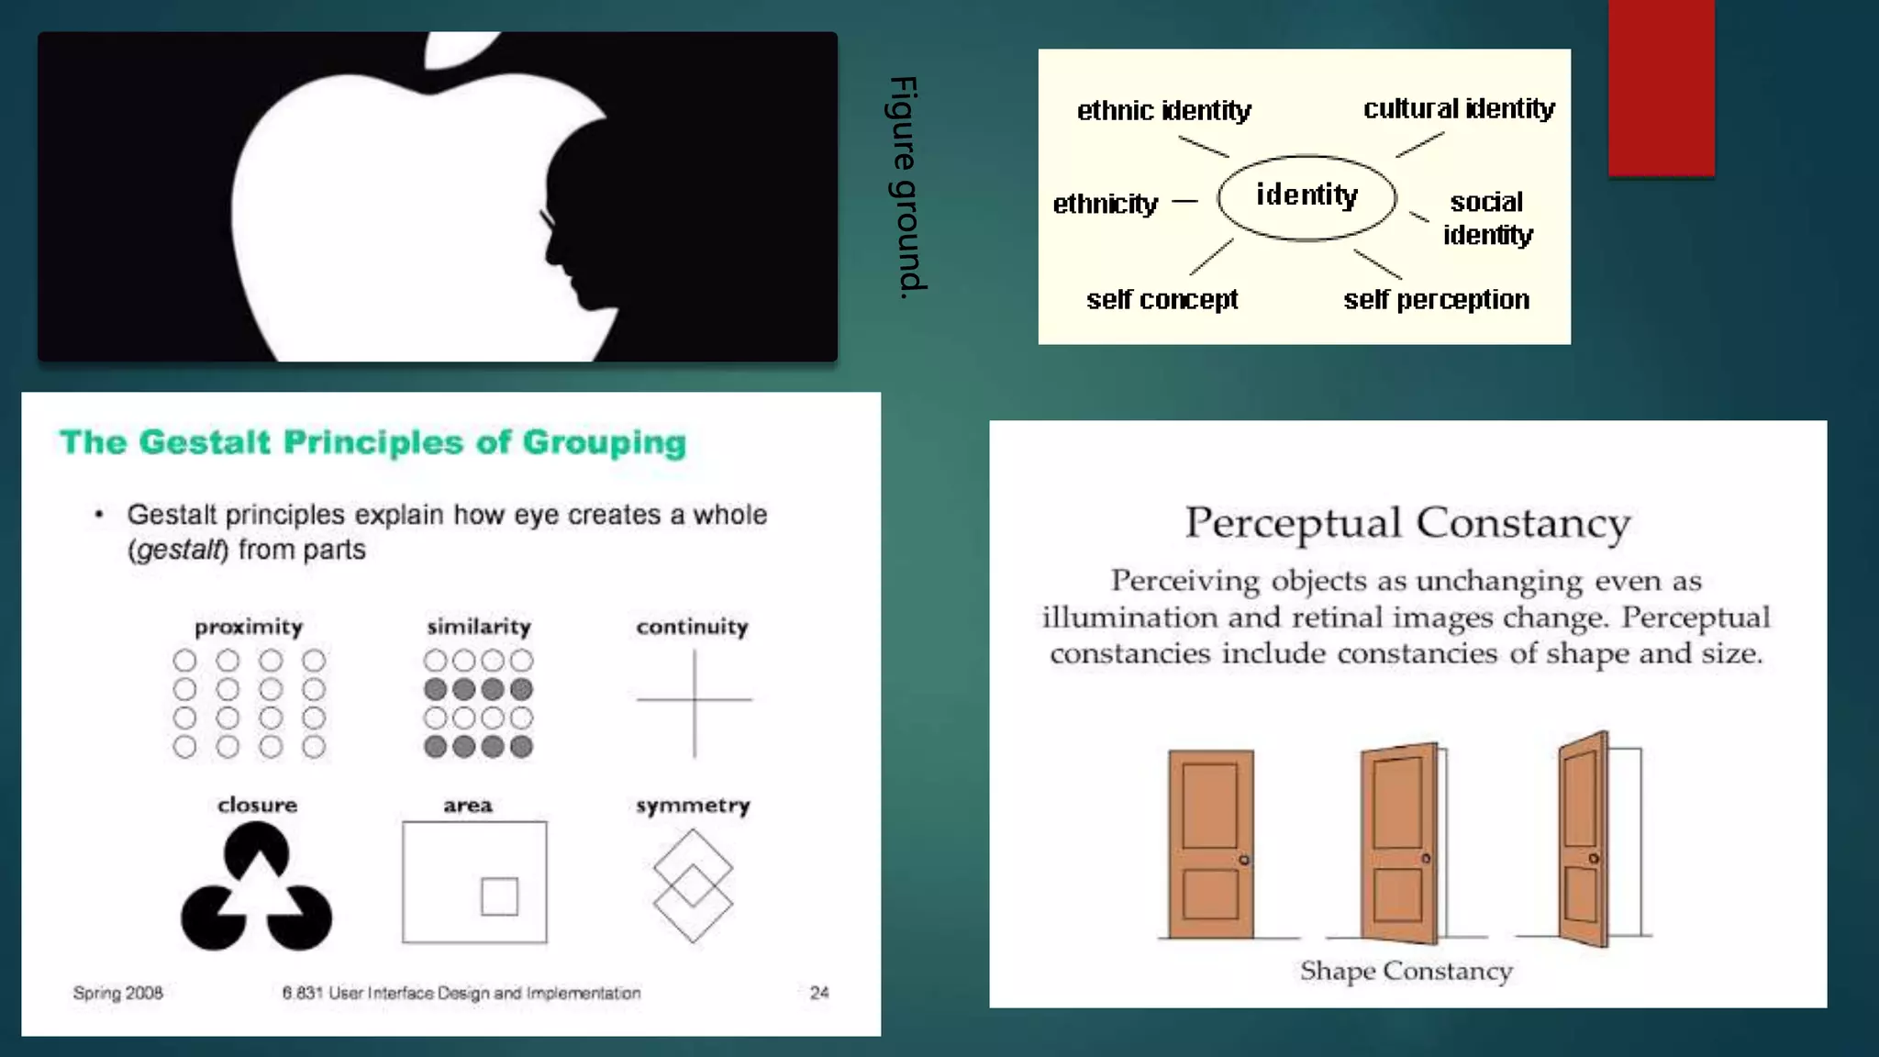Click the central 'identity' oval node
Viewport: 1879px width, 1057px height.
[1307, 197]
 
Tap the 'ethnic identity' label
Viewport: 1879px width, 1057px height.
[1163, 111]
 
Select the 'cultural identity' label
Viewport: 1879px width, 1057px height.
[1459, 109]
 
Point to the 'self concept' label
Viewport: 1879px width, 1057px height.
[1162, 300]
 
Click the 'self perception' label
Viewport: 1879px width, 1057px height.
[1436, 300]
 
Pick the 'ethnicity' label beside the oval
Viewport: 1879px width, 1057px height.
[1105, 204]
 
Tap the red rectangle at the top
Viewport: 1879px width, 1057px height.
[1661, 87]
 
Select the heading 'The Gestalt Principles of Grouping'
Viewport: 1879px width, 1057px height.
[372, 442]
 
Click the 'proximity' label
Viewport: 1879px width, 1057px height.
[249, 628]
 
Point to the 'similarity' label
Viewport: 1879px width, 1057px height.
[478, 628]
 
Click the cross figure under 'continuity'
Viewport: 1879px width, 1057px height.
[695, 702]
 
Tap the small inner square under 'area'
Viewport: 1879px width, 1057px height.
[499, 896]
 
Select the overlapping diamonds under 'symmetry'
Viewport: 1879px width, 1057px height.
[693, 885]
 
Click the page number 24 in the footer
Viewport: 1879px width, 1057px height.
[819, 993]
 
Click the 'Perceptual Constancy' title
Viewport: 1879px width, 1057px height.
[1407, 524]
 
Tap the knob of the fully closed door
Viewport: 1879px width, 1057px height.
[1244, 860]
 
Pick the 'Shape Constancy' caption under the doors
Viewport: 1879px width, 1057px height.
[1406, 971]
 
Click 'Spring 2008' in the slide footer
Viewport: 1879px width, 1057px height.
[117, 993]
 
